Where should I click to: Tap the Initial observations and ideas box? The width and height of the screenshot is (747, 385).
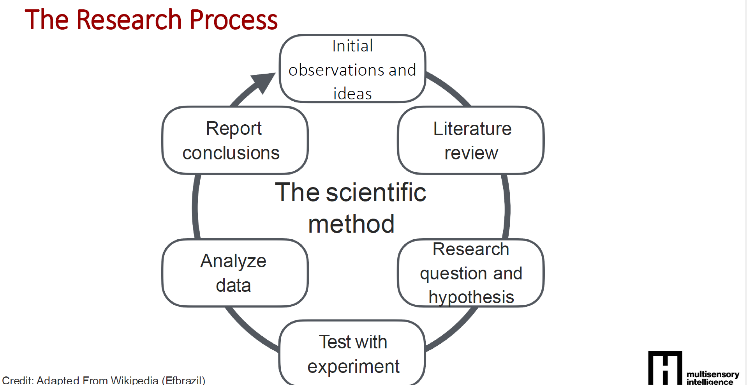click(x=352, y=69)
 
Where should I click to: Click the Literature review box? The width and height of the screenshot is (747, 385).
click(x=470, y=140)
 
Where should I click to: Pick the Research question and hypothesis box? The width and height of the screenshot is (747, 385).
click(x=470, y=273)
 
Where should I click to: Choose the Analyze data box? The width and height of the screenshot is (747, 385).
click(x=235, y=273)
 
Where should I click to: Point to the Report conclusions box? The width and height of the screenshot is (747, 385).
click(x=235, y=140)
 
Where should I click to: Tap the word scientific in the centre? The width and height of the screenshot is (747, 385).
click(x=376, y=192)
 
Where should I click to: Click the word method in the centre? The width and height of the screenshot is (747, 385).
click(x=351, y=224)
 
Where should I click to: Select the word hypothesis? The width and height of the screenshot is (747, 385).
click(x=471, y=297)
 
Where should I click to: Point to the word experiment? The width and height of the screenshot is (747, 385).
click(x=353, y=367)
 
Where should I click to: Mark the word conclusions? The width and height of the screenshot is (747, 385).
click(x=231, y=153)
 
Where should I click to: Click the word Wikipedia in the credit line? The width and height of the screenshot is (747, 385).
click(x=134, y=380)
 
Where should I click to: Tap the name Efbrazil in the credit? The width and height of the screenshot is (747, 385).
click(x=183, y=380)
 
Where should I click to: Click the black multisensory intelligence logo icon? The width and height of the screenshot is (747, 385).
click(x=665, y=368)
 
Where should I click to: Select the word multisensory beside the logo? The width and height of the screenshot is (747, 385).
click(x=713, y=374)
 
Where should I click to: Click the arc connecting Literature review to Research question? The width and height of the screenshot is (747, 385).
click(x=507, y=207)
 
